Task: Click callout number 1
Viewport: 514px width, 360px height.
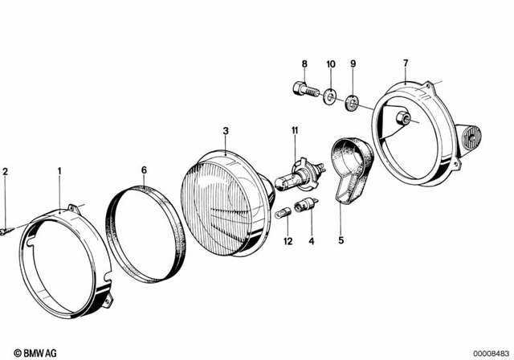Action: (x=59, y=170)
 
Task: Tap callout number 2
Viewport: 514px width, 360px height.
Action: (x=5, y=170)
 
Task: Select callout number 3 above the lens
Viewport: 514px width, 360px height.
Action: (x=226, y=130)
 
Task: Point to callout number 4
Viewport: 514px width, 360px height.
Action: (x=312, y=239)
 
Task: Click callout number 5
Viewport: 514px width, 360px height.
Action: (x=340, y=239)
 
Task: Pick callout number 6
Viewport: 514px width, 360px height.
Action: (x=144, y=170)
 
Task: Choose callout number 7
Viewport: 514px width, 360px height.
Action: (x=406, y=63)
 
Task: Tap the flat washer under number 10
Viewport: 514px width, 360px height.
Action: (x=330, y=98)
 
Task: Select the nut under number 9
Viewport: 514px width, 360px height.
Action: (x=351, y=104)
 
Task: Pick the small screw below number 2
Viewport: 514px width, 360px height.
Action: (x=7, y=231)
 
